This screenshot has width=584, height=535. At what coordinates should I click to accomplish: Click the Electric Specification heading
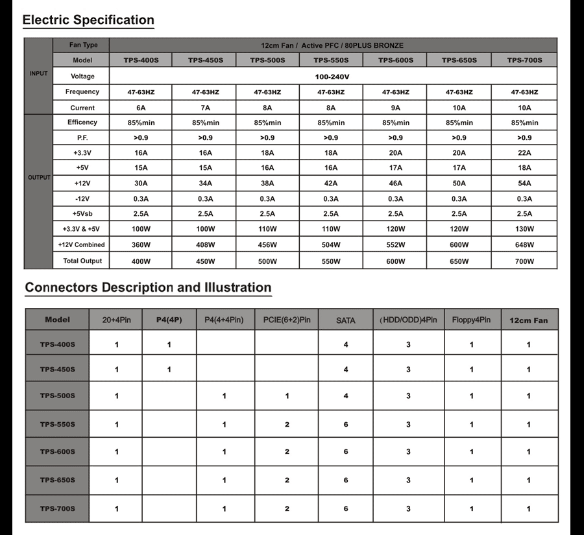[x=88, y=20]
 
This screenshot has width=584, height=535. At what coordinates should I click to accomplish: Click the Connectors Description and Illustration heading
[x=148, y=287]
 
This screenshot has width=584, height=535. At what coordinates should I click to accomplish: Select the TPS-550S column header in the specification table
[x=331, y=60]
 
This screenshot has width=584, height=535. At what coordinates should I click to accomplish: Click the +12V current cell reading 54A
[x=524, y=184]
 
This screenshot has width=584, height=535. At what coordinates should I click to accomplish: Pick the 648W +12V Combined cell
[x=524, y=245]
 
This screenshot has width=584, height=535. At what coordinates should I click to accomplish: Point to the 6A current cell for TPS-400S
[x=141, y=108]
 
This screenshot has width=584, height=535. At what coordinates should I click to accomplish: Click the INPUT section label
[x=38, y=74]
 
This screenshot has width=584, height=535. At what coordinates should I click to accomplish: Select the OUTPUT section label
[x=38, y=177]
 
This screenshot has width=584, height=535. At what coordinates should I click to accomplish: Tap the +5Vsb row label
[x=82, y=213]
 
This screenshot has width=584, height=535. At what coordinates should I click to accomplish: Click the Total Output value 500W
[x=267, y=261]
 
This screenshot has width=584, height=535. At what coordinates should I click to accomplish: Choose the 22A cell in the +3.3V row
[x=524, y=153]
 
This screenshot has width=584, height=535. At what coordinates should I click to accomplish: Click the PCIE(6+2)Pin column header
[x=287, y=320]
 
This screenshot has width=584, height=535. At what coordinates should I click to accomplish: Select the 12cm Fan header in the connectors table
[x=528, y=320]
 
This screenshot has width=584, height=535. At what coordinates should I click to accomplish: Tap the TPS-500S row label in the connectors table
[x=57, y=396]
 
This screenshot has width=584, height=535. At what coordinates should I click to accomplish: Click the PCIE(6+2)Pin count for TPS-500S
[x=287, y=396]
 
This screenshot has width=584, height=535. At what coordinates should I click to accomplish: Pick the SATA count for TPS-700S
[x=346, y=509]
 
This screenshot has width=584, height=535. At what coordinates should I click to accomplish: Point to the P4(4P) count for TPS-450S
[x=169, y=370]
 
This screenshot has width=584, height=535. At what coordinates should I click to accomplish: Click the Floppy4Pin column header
[x=472, y=320]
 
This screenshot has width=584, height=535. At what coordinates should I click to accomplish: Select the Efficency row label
[x=82, y=123]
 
